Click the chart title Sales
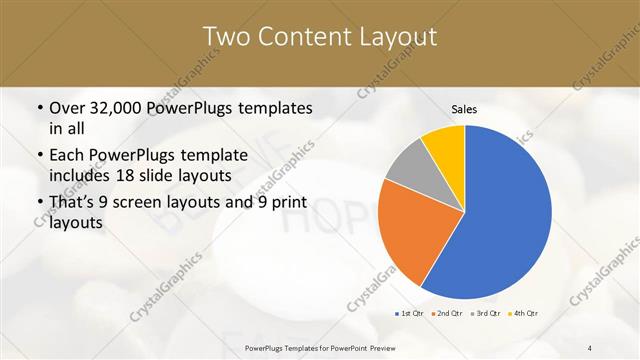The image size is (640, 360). pos(464,109)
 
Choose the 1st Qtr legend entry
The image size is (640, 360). pos(409,314)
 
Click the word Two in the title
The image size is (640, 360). pos(225,37)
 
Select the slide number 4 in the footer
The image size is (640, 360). pos(590,347)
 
